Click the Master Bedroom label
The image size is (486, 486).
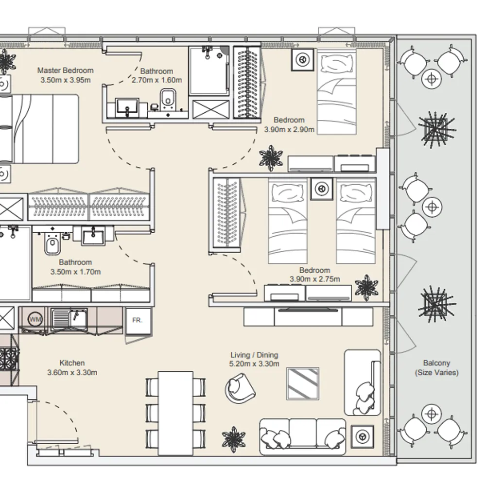coord(66,70)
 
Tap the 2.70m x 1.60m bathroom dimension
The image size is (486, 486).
coord(156,80)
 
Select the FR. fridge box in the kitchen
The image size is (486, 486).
coord(138,320)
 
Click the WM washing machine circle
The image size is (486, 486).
coord(35,319)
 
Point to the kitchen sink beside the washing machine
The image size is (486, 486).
coord(69,319)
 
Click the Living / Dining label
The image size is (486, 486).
coord(254,355)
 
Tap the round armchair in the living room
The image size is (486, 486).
coord(240,388)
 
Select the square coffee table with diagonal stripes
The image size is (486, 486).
coord(302,384)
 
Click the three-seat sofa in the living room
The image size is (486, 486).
coord(302,437)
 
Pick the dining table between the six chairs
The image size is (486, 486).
coord(175,414)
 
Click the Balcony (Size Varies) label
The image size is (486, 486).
coord(437,367)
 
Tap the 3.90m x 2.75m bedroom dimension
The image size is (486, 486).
coord(315,279)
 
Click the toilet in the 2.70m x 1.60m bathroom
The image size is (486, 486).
coord(168,99)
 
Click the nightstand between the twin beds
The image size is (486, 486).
coord(322,189)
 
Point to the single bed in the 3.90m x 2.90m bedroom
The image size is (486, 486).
coord(337,92)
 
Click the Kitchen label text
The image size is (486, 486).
coord(72,363)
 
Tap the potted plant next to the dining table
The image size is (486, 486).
coord(234,439)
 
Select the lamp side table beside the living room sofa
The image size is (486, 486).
coord(362,437)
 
